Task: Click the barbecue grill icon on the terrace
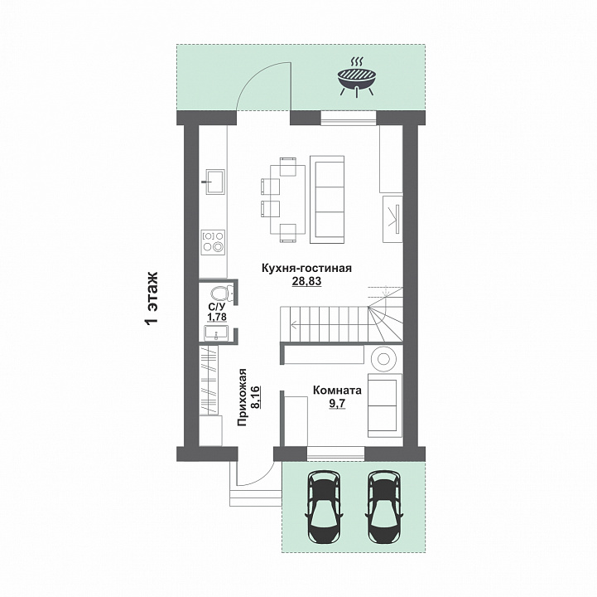(357, 78)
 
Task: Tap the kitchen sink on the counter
(214, 182)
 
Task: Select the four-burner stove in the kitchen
(214, 241)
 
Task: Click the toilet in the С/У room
(222, 294)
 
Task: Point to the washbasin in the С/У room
(216, 332)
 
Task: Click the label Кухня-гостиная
(306, 268)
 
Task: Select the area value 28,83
(306, 281)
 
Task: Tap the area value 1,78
(217, 317)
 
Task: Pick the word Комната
(337, 391)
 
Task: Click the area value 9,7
(337, 404)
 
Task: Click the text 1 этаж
(152, 298)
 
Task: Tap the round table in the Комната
(383, 359)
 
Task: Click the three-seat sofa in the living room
(327, 199)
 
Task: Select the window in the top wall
(349, 118)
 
